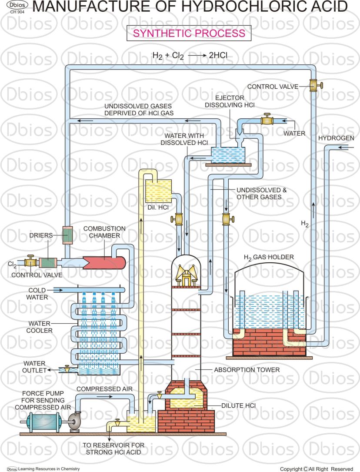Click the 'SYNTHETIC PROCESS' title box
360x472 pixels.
[189, 33]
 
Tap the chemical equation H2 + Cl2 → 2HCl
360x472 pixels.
[190, 55]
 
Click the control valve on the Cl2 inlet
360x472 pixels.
[30, 262]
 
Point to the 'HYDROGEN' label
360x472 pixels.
[336, 138]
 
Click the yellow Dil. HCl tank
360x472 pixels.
[158, 191]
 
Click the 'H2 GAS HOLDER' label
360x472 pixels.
[268, 257]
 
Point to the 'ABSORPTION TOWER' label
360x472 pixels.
[247, 370]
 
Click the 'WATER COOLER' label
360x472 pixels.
[40, 327]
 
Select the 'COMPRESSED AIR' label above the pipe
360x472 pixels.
[104, 388]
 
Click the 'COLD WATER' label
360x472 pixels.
[38, 294]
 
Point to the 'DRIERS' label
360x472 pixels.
[41, 235]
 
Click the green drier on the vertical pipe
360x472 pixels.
[67, 235]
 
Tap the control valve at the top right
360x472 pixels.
[313, 85]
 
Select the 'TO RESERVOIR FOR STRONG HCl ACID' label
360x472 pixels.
[114, 449]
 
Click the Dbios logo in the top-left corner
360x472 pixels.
[16, 6]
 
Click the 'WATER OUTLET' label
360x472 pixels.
[35, 367]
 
